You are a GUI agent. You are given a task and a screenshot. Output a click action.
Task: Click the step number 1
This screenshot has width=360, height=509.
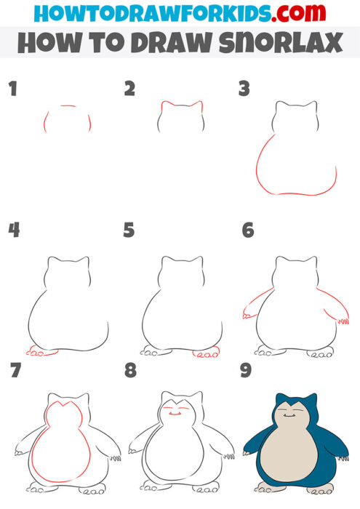click(x=12, y=89)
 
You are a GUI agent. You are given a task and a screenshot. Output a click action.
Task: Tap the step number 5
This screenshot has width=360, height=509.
click(x=129, y=231)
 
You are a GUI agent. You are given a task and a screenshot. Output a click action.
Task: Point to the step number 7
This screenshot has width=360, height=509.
click(x=12, y=372)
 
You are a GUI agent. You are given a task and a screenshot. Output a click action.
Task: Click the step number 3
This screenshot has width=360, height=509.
click(x=244, y=89)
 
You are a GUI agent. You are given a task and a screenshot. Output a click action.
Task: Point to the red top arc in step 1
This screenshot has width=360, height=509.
click(x=68, y=106)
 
